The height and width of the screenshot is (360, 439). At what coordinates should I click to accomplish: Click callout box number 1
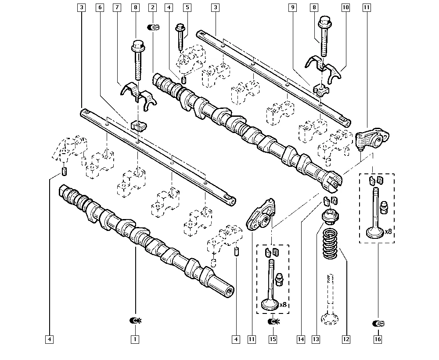pos(135,339)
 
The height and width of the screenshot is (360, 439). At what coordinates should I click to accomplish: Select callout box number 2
pos(153,7)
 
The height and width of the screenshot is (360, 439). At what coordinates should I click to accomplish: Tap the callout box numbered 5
pos(187,7)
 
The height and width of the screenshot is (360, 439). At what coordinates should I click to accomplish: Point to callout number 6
pos(100,7)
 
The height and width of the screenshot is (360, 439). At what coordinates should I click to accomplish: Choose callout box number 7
pos(117,7)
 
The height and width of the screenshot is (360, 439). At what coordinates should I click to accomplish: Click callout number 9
pos(292,7)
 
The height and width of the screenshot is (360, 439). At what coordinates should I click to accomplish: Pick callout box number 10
pos(346,7)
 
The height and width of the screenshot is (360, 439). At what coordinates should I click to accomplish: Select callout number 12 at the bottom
pos(346,339)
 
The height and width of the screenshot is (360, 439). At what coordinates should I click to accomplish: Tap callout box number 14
pos(301,339)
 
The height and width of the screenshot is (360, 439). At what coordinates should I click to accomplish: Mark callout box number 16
pos(378,339)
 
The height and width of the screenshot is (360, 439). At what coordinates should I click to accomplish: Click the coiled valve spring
pos(331,243)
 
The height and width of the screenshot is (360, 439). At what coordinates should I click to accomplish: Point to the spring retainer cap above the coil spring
pos(331,216)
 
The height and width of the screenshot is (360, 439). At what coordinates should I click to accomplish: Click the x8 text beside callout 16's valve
pos(389,231)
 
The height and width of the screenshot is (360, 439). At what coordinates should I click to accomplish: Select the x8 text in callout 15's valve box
pos(283,304)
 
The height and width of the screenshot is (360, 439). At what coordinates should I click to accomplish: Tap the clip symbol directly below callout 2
pos(153,27)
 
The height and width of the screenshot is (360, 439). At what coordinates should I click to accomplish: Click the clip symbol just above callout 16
pos(378,324)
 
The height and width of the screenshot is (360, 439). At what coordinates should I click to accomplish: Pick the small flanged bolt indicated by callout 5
pos(180,37)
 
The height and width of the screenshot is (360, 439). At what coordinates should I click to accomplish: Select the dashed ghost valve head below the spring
pos(330,318)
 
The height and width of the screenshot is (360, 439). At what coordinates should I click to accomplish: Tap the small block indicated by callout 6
pos(139,126)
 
